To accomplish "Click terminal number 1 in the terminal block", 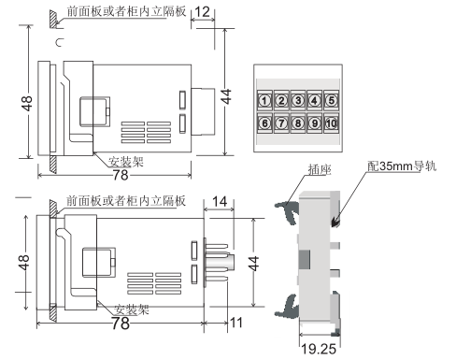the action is click(x=264, y=101).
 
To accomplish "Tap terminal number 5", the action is click(x=332, y=101).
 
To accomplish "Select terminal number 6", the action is click(x=264, y=123).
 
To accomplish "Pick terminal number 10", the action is click(x=332, y=123).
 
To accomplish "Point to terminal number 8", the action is click(x=298, y=123).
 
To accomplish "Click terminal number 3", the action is click(x=298, y=101).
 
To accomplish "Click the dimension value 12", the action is click(x=202, y=12).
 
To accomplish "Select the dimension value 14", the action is click(x=220, y=202).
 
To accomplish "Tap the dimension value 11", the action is click(x=236, y=323).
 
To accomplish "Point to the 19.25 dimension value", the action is click(x=319, y=349).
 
